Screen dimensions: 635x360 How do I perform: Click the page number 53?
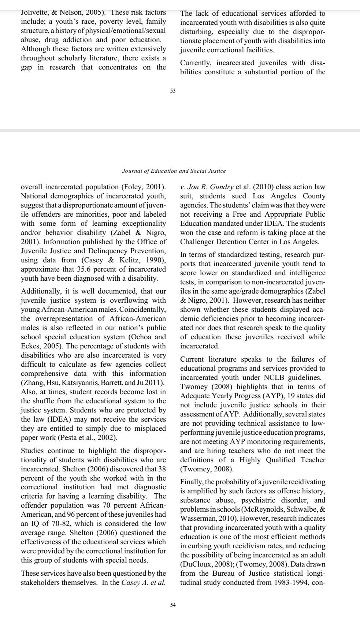[x=173, y=91]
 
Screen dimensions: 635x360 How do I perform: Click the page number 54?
[x=173, y=605]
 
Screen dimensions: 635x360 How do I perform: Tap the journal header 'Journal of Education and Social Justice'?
[x=174, y=171]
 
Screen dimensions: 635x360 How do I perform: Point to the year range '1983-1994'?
[x=290, y=583]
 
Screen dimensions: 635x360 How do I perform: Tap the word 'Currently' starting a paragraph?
[x=196, y=63]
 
